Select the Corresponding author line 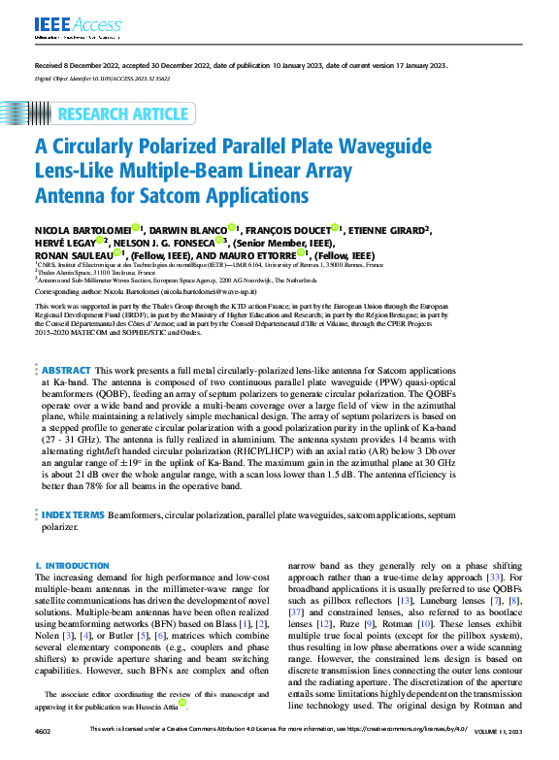pos(146,290)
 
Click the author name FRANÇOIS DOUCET pos(286,228)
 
